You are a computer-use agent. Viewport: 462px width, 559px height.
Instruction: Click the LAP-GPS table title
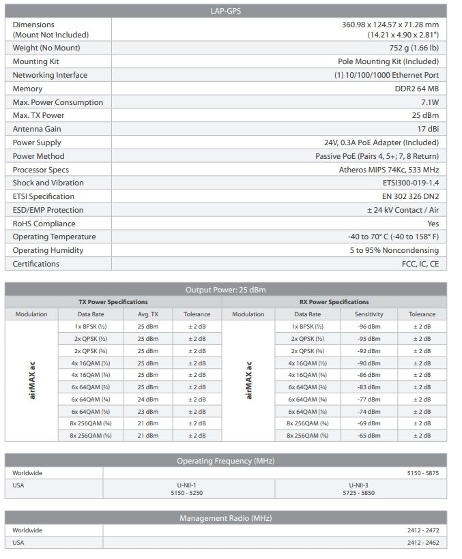click(x=226, y=10)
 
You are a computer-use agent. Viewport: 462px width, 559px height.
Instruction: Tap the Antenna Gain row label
click(x=37, y=129)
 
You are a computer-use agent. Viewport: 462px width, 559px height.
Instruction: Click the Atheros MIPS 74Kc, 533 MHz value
click(x=389, y=170)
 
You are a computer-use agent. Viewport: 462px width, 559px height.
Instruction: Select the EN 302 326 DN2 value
click(x=407, y=196)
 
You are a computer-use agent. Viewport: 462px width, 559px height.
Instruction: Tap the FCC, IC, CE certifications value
click(x=420, y=264)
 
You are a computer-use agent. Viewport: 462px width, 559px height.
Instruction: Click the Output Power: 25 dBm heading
click(x=226, y=290)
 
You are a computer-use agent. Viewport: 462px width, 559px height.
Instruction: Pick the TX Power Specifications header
click(x=113, y=302)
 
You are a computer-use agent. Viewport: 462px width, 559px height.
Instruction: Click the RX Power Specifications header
click(x=334, y=302)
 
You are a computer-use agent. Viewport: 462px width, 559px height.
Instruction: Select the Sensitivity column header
click(x=369, y=314)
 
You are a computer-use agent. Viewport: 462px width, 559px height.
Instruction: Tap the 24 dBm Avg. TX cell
click(x=147, y=399)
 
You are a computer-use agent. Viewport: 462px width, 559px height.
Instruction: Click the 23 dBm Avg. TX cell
click(x=147, y=412)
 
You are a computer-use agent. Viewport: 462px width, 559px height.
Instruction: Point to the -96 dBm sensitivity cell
click(x=369, y=327)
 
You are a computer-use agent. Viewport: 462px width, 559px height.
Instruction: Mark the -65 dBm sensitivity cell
click(x=369, y=436)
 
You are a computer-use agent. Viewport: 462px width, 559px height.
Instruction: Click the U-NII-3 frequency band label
click(x=360, y=484)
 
